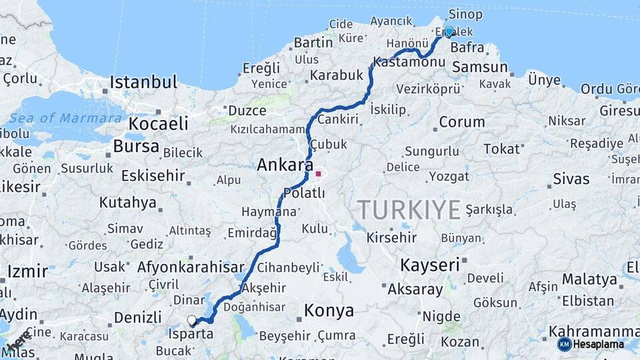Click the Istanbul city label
pyautogui.click(x=143, y=83)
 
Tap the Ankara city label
pyautogui.click(x=285, y=165)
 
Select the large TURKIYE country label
pyautogui.click(x=409, y=210)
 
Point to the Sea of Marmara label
pyautogui.click(x=65, y=119)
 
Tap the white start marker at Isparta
pyautogui.click(x=192, y=321)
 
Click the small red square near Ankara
pyautogui.click(x=319, y=174)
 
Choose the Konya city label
pyautogui.click(x=329, y=311)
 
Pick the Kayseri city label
pyautogui.click(x=430, y=265)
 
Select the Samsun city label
pyautogui.click(x=479, y=67)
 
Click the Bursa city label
pyautogui.click(x=136, y=147)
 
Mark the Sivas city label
pyautogui.click(x=571, y=179)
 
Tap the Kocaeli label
pyautogui.click(x=158, y=124)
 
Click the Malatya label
pyautogui.click(x=590, y=279)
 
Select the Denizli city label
pyautogui.click(x=137, y=317)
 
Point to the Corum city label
pyautogui.click(x=462, y=122)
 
